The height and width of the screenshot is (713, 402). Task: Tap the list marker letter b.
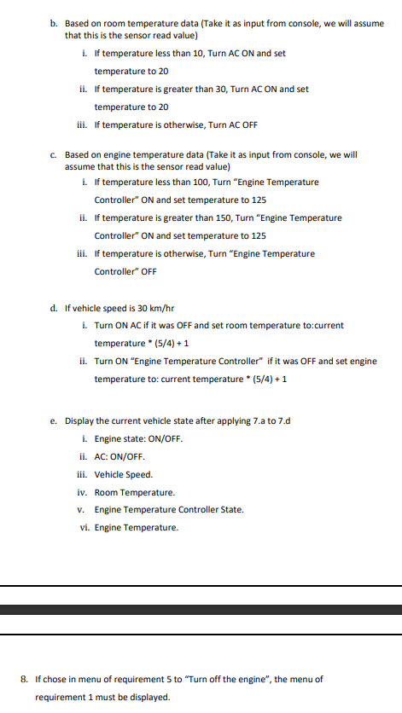[53, 23]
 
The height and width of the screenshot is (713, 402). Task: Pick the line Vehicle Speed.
[123, 474]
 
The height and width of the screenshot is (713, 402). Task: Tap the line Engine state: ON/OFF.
[138, 438]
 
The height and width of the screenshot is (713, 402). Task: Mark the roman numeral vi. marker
[82, 528]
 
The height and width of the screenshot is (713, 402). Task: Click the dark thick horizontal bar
[201, 610]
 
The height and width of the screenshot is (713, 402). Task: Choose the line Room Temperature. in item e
[134, 492]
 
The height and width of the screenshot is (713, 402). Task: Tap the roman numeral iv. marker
[82, 492]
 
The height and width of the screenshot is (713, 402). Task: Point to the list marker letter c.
[53, 155]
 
